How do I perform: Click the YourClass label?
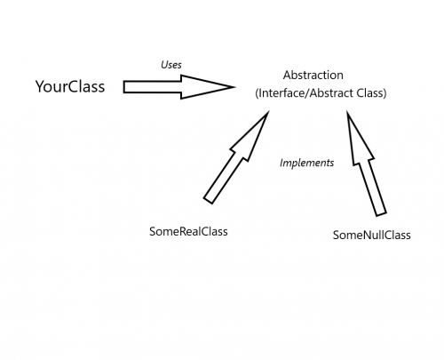coord(70,86)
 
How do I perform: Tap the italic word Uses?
coord(170,65)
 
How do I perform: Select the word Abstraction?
coord(313,76)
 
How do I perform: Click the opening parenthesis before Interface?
coord(257,92)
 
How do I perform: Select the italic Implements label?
coord(306,163)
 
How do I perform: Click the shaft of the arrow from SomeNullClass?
coord(372,182)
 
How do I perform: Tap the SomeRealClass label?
coord(189,231)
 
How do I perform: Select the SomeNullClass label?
coord(371,236)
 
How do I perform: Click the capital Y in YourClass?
coord(40,86)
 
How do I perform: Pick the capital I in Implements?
coord(281,163)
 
